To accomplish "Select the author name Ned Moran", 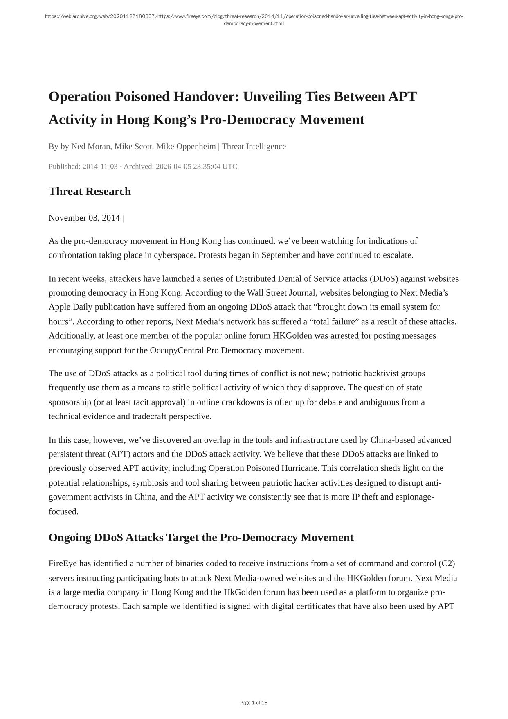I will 90,146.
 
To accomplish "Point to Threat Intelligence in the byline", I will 254,146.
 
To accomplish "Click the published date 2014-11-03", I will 100,167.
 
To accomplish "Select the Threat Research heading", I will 90,191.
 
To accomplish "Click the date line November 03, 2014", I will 84,218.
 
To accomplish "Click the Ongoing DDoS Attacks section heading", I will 201,538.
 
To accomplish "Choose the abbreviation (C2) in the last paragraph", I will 447,563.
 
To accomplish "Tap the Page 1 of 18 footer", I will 254,703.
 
